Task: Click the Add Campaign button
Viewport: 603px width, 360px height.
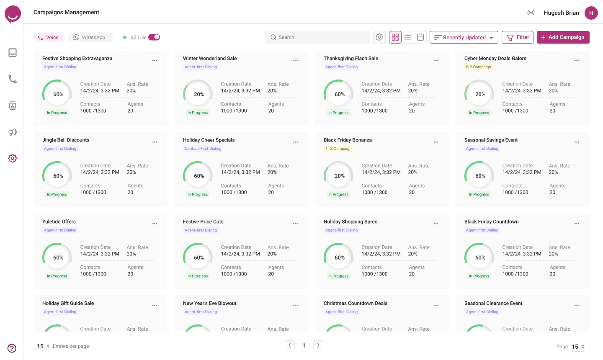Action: pyautogui.click(x=563, y=37)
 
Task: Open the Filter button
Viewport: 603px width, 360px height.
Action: pyautogui.click(x=518, y=37)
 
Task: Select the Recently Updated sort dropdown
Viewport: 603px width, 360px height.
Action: pyautogui.click(x=464, y=37)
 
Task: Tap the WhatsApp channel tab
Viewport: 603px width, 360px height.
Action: pyautogui.click(x=90, y=37)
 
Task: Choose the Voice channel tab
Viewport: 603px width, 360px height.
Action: pyautogui.click(x=49, y=37)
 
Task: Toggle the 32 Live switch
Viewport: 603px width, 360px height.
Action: pyautogui.click(x=154, y=37)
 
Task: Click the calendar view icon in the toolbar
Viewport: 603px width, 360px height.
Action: pyautogui.click(x=420, y=37)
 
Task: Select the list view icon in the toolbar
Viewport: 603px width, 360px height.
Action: pyautogui.click(x=408, y=37)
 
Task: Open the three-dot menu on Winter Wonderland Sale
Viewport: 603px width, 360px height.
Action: pyautogui.click(x=295, y=61)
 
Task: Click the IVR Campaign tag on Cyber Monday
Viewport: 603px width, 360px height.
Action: pyautogui.click(x=478, y=67)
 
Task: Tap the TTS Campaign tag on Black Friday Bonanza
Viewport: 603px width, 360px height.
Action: pyautogui.click(x=338, y=149)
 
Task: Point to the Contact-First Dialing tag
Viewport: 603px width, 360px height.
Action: pyautogui.click(x=203, y=149)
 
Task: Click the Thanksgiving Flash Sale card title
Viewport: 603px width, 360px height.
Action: pyautogui.click(x=351, y=58)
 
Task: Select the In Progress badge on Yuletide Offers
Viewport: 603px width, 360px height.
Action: pyautogui.click(x=57, y=276)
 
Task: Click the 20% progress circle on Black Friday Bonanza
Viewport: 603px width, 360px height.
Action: pyautogui.click(x=339, y=176)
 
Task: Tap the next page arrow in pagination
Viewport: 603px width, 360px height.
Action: pyautogui.click(x=318, y=345)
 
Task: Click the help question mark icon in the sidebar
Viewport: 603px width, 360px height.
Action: pyautogui.click(x=12, y=348)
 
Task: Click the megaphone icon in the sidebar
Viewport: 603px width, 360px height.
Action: pyautogui.click(x=13, y=132)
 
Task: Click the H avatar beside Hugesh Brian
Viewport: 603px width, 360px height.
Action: pyautogui.click(x=591, y=13)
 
